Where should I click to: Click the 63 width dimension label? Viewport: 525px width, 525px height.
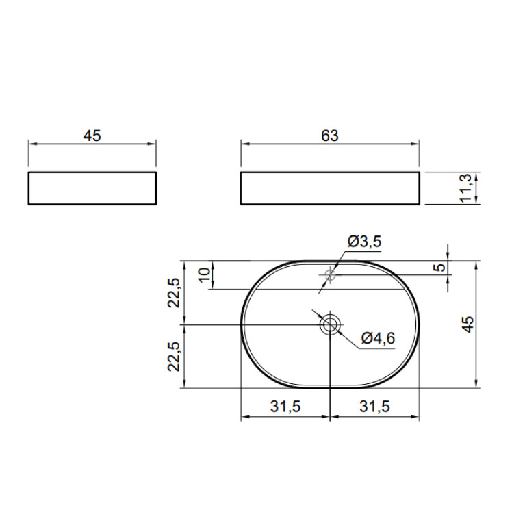(330, 136)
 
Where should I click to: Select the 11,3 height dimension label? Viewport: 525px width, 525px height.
(465, 188)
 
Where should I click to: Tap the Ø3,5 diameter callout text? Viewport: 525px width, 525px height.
(364, 242)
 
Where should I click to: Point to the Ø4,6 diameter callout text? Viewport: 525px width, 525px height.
(378, 338)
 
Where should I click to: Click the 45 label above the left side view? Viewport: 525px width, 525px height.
(92, 136)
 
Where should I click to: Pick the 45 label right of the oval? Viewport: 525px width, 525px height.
(468, 324)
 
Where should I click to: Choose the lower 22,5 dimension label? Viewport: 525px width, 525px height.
(174, 356)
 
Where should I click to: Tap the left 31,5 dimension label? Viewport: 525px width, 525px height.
(285, 407)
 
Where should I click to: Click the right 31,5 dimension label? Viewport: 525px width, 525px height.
(374, 407)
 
